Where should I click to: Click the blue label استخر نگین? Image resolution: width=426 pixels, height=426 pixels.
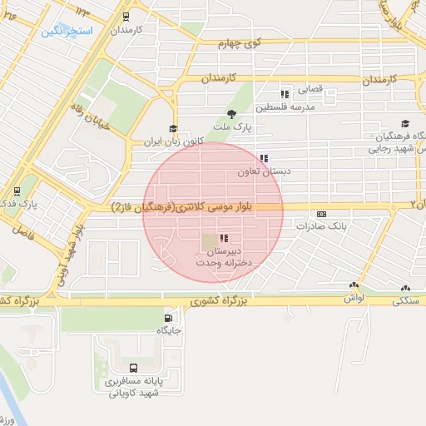tap(67, 31)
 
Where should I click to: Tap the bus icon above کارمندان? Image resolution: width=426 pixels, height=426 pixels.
tap(126, 16)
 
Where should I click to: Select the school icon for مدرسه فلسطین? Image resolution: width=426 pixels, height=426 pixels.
tap(285, 94)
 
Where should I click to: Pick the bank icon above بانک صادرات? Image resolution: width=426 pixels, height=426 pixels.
tap(321, 214)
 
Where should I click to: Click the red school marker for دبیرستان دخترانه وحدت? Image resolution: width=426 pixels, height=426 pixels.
tap(223, 239)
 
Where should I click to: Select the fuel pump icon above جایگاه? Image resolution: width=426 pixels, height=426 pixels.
tap(169, 318)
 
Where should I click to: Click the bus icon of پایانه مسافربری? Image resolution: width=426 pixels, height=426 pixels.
tap(133, 367)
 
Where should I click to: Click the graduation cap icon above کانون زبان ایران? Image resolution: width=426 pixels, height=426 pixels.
tap(173, 128)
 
